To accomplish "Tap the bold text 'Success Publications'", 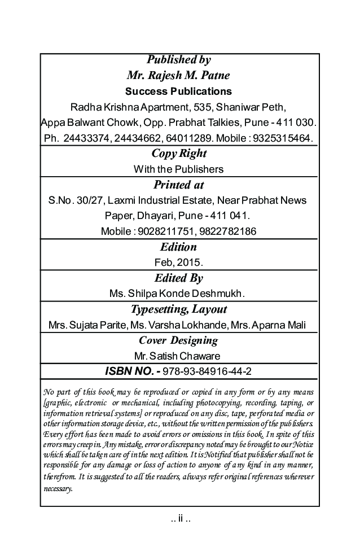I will coord(178,91).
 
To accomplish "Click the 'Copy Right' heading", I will coord(179,154).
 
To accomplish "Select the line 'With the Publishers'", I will coord(178,169).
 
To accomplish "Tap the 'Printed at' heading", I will coord(178,185).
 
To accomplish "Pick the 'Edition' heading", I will coord(178,247).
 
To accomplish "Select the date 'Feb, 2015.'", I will coord(178,262).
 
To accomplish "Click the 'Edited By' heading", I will coord(178,278).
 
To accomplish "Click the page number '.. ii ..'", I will coord(180,518).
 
